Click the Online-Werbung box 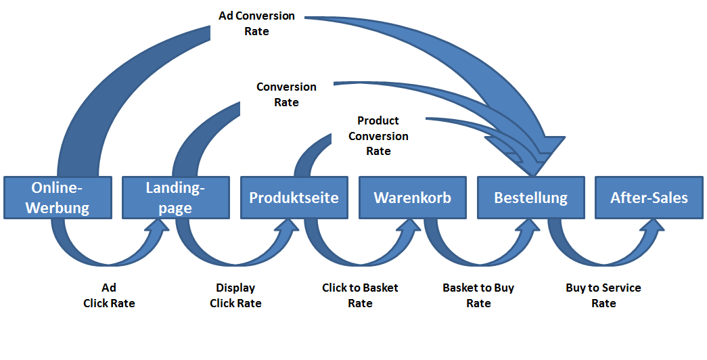coord(58,198)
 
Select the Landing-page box coord(175,198)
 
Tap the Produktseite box coord(294,198)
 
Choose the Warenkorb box coord(412,198)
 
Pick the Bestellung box coord(530,198)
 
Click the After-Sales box coord(649,198)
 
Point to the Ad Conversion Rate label coord(256,23)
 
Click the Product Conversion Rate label coord(378,135)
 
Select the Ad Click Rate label coord(109,296)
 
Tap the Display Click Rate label coord(235,296)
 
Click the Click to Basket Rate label coord(360,296)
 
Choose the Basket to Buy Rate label coord(478,296)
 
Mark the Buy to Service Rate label coord(603,296)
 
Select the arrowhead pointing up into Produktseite coord(285,231)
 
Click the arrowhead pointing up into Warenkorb coord(405,231)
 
